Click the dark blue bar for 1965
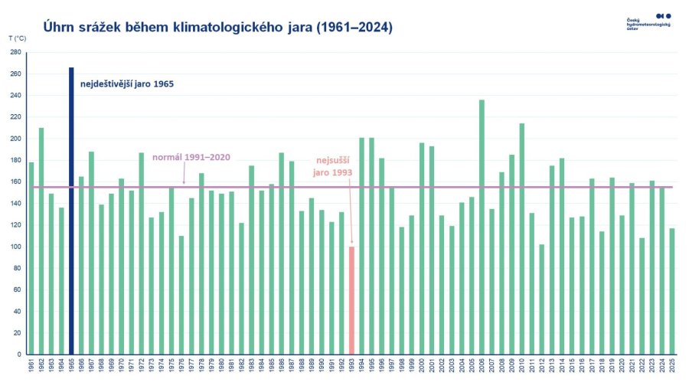click(71, 211)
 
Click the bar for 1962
click(41, 241)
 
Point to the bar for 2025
click(671, 291)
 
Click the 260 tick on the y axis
click(16, 74)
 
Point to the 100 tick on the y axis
click(16, 247)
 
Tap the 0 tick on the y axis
click(19, 355)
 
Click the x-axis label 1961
click(31, 365)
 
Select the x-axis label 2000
click(422, 365)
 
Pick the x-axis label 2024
click(661, 365)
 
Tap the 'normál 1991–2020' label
click(191, 157)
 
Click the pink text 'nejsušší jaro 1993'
click(334, 167)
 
